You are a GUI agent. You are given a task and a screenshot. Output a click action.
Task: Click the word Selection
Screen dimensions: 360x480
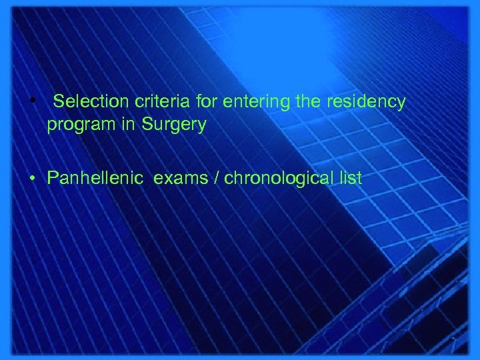click(x=90, y=102)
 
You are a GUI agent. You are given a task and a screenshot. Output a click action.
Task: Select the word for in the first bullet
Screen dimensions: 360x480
click(x=207, y=102)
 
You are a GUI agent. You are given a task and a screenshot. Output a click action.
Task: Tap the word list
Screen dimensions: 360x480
click(x=349, y=178)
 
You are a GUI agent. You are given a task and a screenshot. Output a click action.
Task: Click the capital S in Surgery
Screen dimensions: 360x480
click(x=146, y=124)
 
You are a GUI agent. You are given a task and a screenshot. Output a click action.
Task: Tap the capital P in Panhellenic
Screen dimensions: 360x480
click(x=53, y=178)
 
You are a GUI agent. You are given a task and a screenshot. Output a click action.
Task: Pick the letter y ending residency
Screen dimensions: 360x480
click(x=401, y=104)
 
